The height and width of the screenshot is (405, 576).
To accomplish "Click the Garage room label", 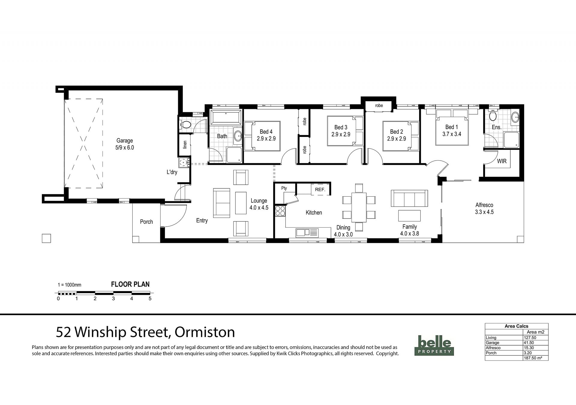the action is pyautogui.click(x=124, y=141).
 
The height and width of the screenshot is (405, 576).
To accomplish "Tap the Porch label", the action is pyautogui.click(x=146, y=222).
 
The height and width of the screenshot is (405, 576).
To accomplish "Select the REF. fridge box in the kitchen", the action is pyautogui.click(x=320, y=189).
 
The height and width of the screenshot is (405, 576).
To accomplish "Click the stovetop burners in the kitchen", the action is pyautogui.click(x=280, y=211).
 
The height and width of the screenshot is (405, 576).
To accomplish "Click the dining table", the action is pyautogui.click(x=359, y=207).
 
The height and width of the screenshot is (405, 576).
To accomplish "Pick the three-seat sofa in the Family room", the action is pyautogui.click(x=409, y=198).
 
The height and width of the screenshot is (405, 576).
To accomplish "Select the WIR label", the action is pyautogui.click(x=502, y=161).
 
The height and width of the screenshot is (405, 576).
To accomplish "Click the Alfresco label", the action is pyautogui.click(x=484, y=205).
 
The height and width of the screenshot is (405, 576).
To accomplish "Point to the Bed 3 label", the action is pyautogui.click(x=341, y=127).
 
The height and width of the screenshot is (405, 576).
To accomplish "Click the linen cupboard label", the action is pyautogui.click(x=185, y=144).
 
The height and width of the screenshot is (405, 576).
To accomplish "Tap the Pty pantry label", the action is pyautogui.click(x=284, y=188).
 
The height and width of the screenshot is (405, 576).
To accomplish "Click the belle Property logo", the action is pyautogui.click(x=434, y=345).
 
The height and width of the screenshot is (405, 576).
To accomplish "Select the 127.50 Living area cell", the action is pyautogui.click(x=529, y=338).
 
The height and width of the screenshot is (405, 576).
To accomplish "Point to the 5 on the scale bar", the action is pyautogui.click(x=150, y=299).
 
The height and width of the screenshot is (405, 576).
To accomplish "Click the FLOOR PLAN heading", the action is pyautogui.click(x=130, y=284).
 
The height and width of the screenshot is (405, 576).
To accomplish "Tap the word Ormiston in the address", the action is pyautogui.click(x=205, y=332).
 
